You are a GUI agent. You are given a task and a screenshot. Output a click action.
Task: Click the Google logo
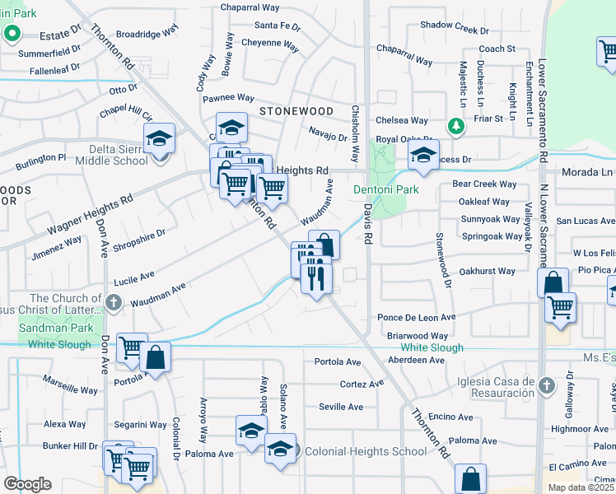[x=28, y=483]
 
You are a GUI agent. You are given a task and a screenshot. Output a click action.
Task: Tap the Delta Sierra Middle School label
[x=108, y=155]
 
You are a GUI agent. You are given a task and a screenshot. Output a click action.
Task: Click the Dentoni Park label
[x=386, y=189]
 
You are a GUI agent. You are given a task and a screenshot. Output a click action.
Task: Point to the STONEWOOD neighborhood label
[x=296, y=111]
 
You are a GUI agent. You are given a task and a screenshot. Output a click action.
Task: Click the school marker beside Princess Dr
[x=423, y=156]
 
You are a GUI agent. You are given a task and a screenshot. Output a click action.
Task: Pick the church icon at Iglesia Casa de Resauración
[x=545, y=384]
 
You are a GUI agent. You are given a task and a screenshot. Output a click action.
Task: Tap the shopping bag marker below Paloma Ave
[x=470, y=478]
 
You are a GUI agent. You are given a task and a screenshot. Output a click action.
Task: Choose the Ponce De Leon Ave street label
[x=416, y=317]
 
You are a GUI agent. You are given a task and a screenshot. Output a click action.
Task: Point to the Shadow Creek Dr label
[x=455, y=26]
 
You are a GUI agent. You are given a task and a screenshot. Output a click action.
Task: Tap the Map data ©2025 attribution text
[x=581, y=487]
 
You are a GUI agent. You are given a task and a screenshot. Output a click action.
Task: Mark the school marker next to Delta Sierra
[x=160, y=137]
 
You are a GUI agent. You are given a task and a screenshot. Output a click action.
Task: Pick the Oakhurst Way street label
[x=488, y=271]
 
